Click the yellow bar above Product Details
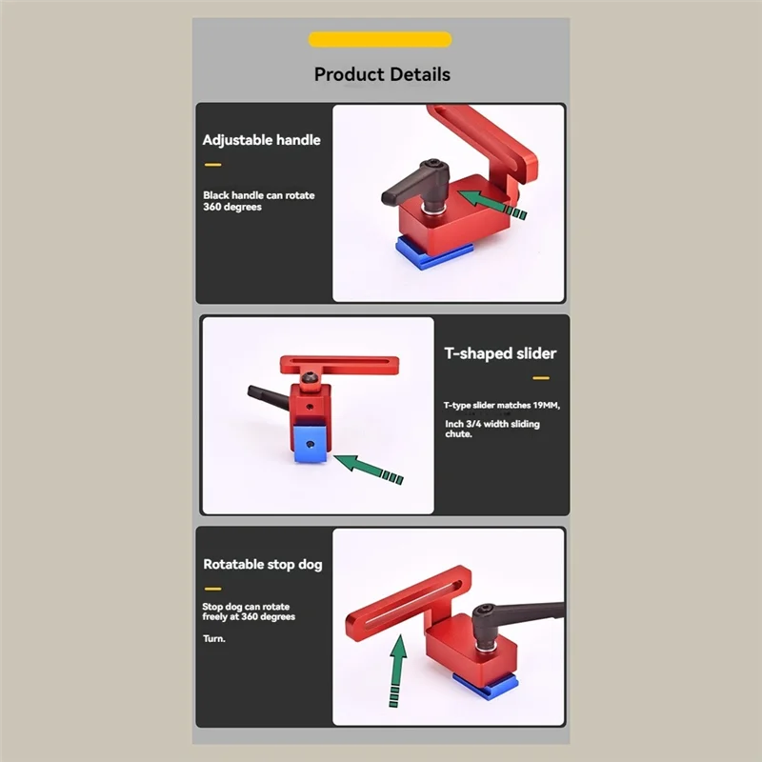(x=380, y=39)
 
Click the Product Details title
(x=382, y=74)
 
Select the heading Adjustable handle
(x=261, y=140)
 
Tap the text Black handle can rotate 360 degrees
(x=258, y=201)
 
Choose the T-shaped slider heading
(x=500, y=353)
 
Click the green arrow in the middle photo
(x=371, y=469)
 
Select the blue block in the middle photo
(x=309, y=443)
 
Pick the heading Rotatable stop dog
(x=262, y=564)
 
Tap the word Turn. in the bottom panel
(x=213, y=638)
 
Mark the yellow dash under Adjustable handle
(x=212, y=165)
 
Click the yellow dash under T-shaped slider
(x=541, y=378)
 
